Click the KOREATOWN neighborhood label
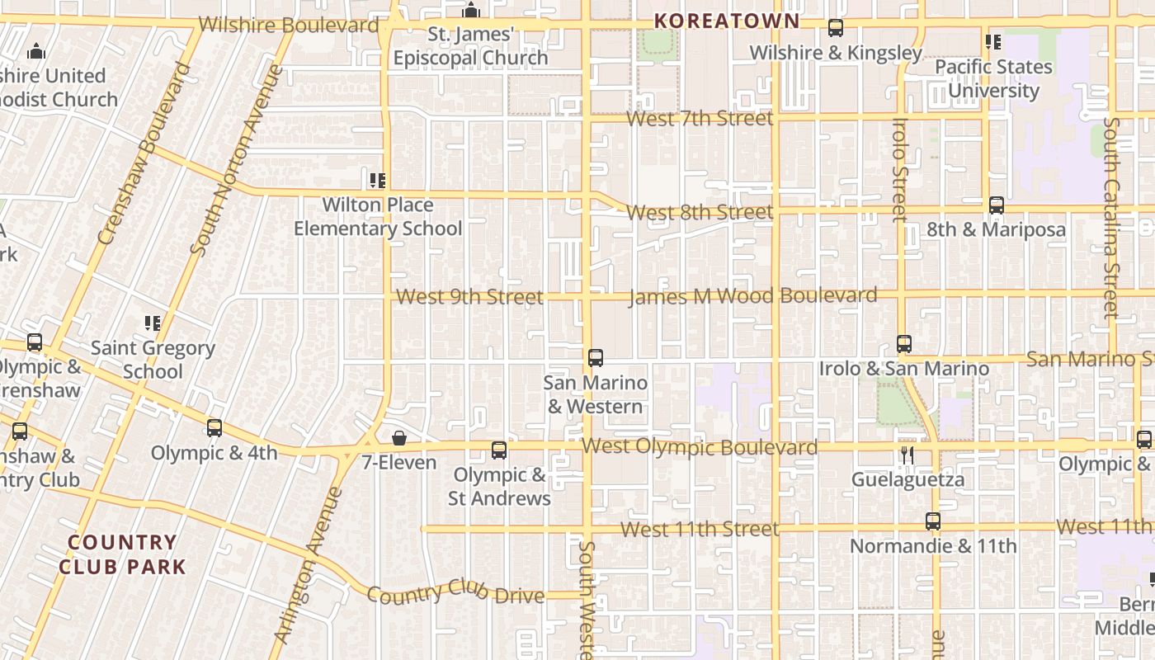point(727,21)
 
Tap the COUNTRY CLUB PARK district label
point(122,554)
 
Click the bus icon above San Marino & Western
point(596,358)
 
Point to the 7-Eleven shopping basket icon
point(399,437)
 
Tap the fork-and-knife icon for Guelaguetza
point(907,455)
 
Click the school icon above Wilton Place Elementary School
point(378,180)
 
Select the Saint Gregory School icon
point(153,323)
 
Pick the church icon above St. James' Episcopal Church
point(471,11)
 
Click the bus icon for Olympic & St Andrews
point(499,450)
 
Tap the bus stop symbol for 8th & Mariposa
point(997,205)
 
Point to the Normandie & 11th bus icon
point(933,521)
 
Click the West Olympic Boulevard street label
point(700,447)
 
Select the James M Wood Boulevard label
point(752,295)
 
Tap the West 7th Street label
point(700,119)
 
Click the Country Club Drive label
point(455,592)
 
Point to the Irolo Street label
point(899,170)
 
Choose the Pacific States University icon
point(993,42)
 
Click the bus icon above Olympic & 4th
point(214,428)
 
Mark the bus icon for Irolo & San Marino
point(904,344)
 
